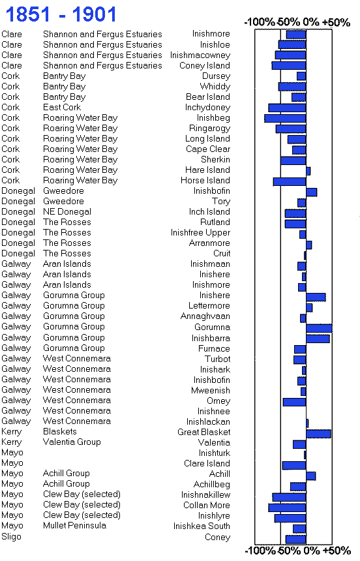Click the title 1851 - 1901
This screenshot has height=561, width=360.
coord(61,14)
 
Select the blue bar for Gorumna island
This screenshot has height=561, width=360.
coord(319,328)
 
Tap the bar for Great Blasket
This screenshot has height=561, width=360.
coord(318,434)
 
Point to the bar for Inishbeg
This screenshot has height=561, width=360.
coord(285,118)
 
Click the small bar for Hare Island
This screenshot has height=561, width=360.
coord(308,171)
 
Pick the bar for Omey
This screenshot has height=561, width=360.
coord(294,402)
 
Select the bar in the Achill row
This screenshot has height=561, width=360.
coord(310,476)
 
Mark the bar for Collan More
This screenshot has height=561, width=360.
coord(287,508)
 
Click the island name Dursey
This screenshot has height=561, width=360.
coord(216,76)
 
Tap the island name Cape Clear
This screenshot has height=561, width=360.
coord(208,149)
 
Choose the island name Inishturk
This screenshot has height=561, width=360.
coord(215,453)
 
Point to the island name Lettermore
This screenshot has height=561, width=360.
coord(209,305)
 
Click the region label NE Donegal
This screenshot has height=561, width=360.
coord(67,212)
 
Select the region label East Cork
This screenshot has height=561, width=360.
coord(62,108)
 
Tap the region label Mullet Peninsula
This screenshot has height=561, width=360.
coord(74,525)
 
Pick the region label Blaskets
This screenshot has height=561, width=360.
coord(60,431)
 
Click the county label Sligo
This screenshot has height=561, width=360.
coord(11,537)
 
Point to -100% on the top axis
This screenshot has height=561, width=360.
coord(259,22)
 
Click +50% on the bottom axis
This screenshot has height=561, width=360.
coord(337,551)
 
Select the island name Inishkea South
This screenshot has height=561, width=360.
coord(202,526)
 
